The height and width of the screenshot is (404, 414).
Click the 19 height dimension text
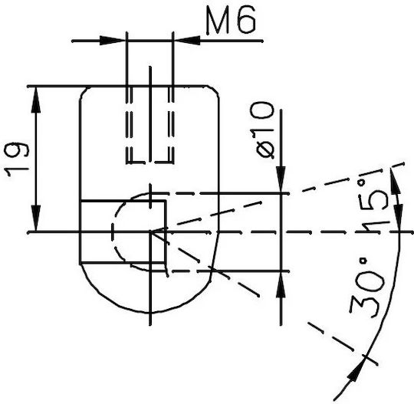(17, 159)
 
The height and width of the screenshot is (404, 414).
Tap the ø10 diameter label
(265, 130)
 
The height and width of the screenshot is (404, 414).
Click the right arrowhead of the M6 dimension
(187, 41)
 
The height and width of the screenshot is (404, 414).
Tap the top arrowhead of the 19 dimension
(36, 100)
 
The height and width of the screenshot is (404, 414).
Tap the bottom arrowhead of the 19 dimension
(36, 218)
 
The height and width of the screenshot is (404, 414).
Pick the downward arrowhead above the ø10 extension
(281, 180)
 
